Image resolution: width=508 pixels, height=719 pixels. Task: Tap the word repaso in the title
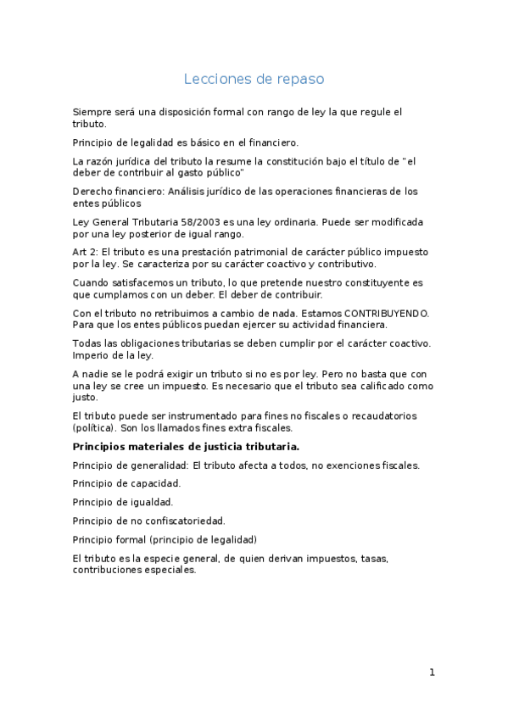300,80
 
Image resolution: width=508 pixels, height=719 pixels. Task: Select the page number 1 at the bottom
432,672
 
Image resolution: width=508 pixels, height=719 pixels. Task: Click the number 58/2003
195,222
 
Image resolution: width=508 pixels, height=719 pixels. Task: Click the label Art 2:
84,253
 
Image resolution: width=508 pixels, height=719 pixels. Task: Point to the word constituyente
377,282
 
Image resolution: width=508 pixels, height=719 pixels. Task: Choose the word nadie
99,374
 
